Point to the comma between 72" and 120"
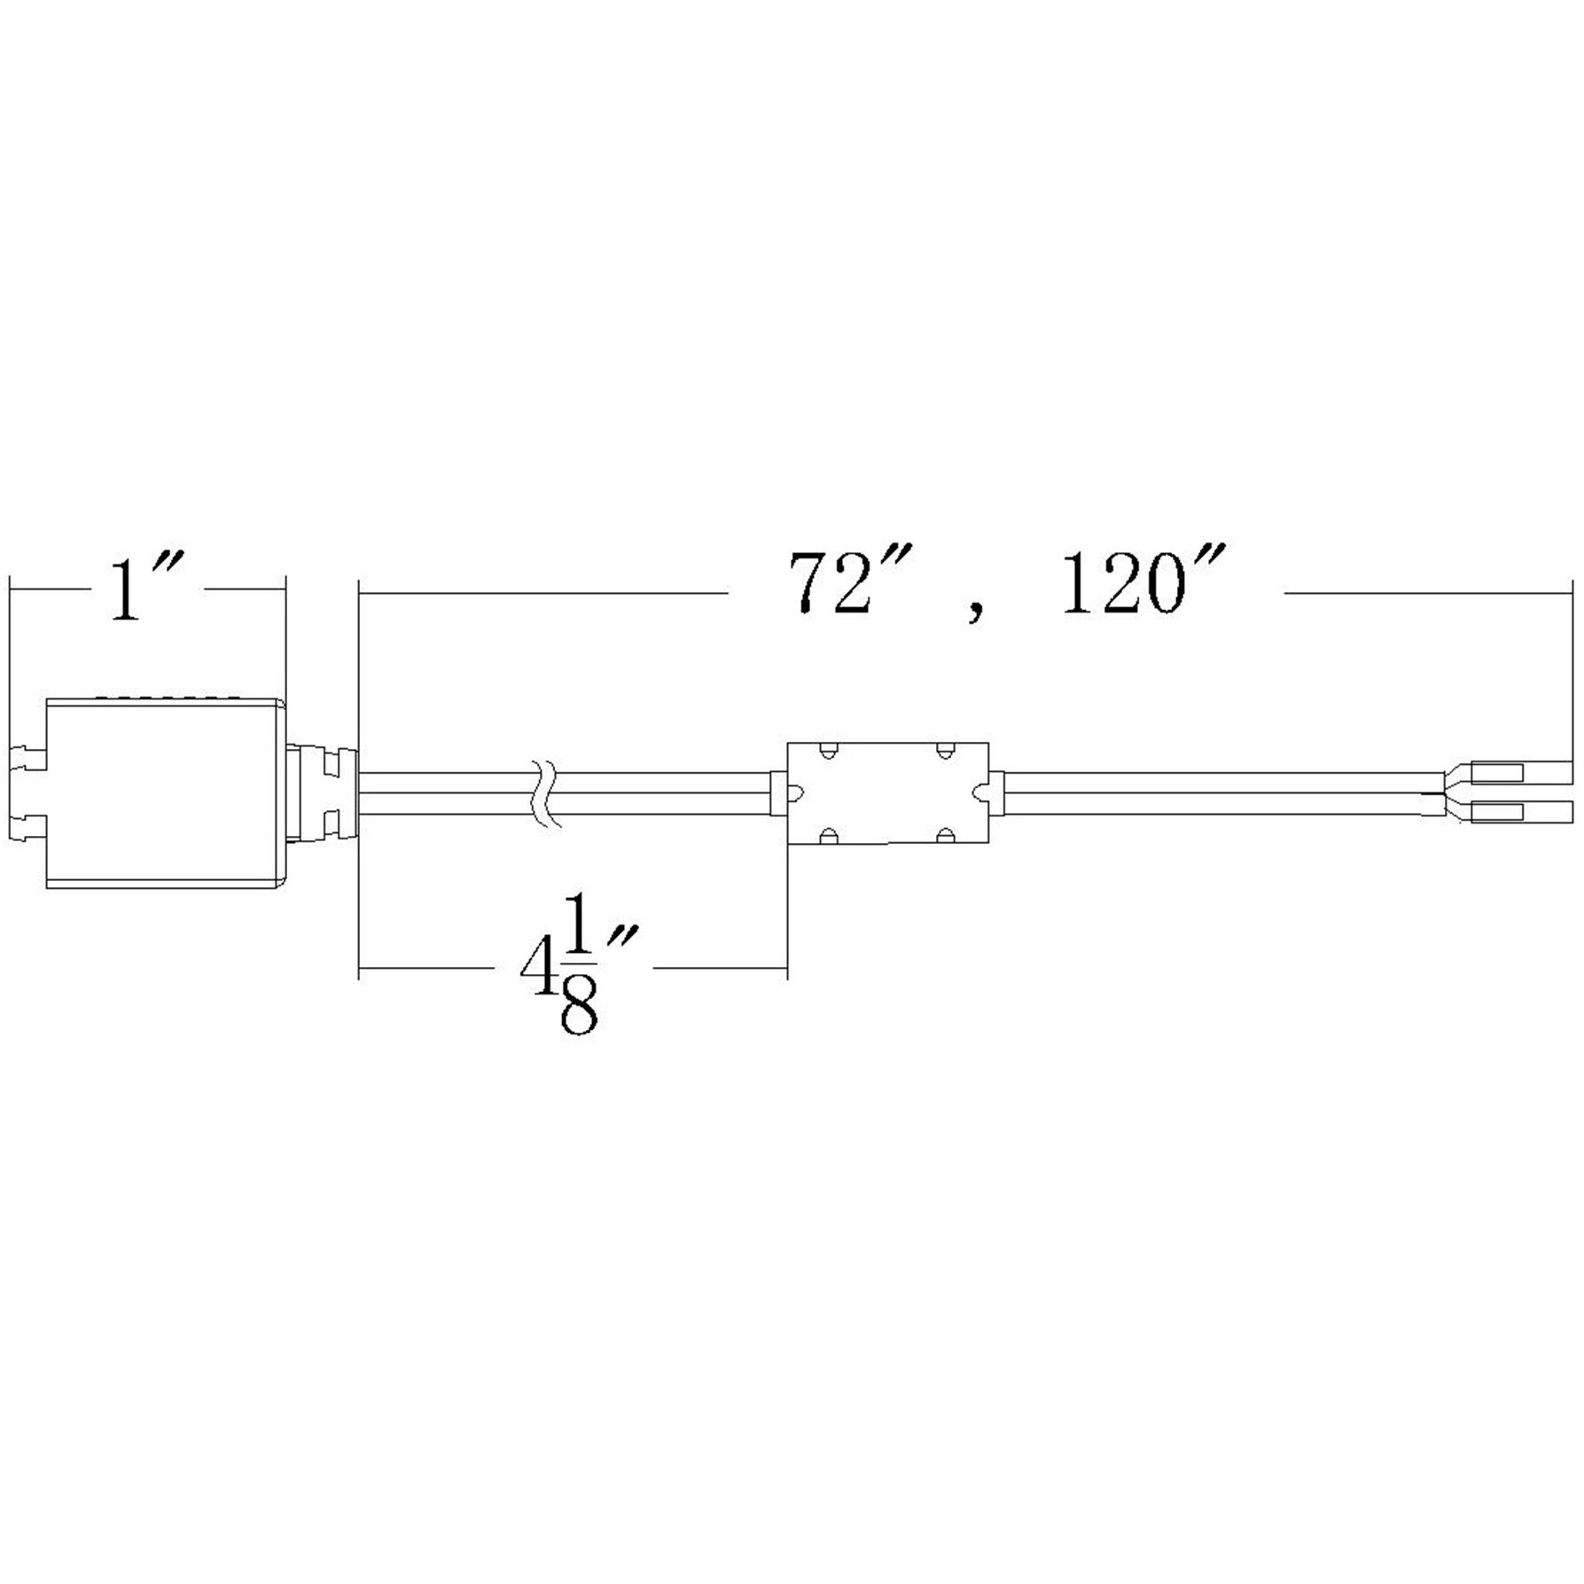click(975, 613)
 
